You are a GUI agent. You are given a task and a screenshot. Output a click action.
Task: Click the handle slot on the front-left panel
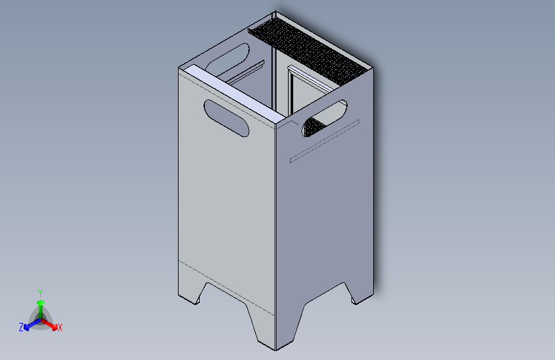[x=227, y=119]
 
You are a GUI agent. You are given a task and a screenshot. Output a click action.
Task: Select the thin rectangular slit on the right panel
[x=324, y=140]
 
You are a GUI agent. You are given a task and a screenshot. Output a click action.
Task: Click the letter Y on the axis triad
[x=40, y=292]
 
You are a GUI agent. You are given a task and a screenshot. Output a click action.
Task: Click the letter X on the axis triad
[x=60, y=327]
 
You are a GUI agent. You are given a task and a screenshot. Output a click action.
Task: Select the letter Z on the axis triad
[x=21, y=327]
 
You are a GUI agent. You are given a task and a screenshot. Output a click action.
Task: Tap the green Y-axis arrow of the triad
[x=40, y=305]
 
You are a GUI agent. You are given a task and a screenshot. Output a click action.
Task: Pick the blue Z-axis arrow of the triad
[x=29, y=325]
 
